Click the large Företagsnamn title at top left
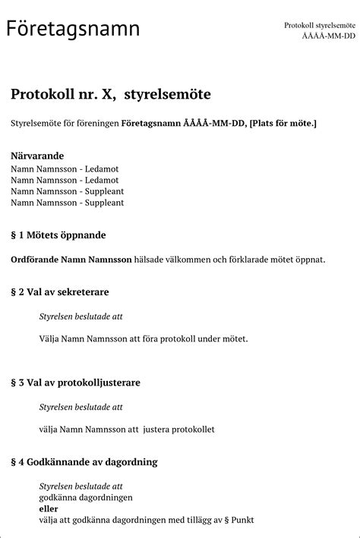(73, 29)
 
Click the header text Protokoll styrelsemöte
(319, 25)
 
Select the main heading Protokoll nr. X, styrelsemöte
(110, 94)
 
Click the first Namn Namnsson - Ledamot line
(65, 168)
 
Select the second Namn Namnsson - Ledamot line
(65, 180)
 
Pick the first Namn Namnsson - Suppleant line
(67, 191)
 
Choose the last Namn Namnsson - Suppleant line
(67, 203)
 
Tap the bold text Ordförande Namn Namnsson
(71, 260)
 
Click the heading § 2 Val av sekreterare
(60, 291)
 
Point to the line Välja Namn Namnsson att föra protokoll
(143, 338)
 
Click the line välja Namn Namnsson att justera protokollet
(126, 429)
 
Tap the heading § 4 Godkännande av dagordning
(84, 461)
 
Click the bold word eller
(49, 508)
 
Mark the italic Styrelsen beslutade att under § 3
(81, 407)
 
